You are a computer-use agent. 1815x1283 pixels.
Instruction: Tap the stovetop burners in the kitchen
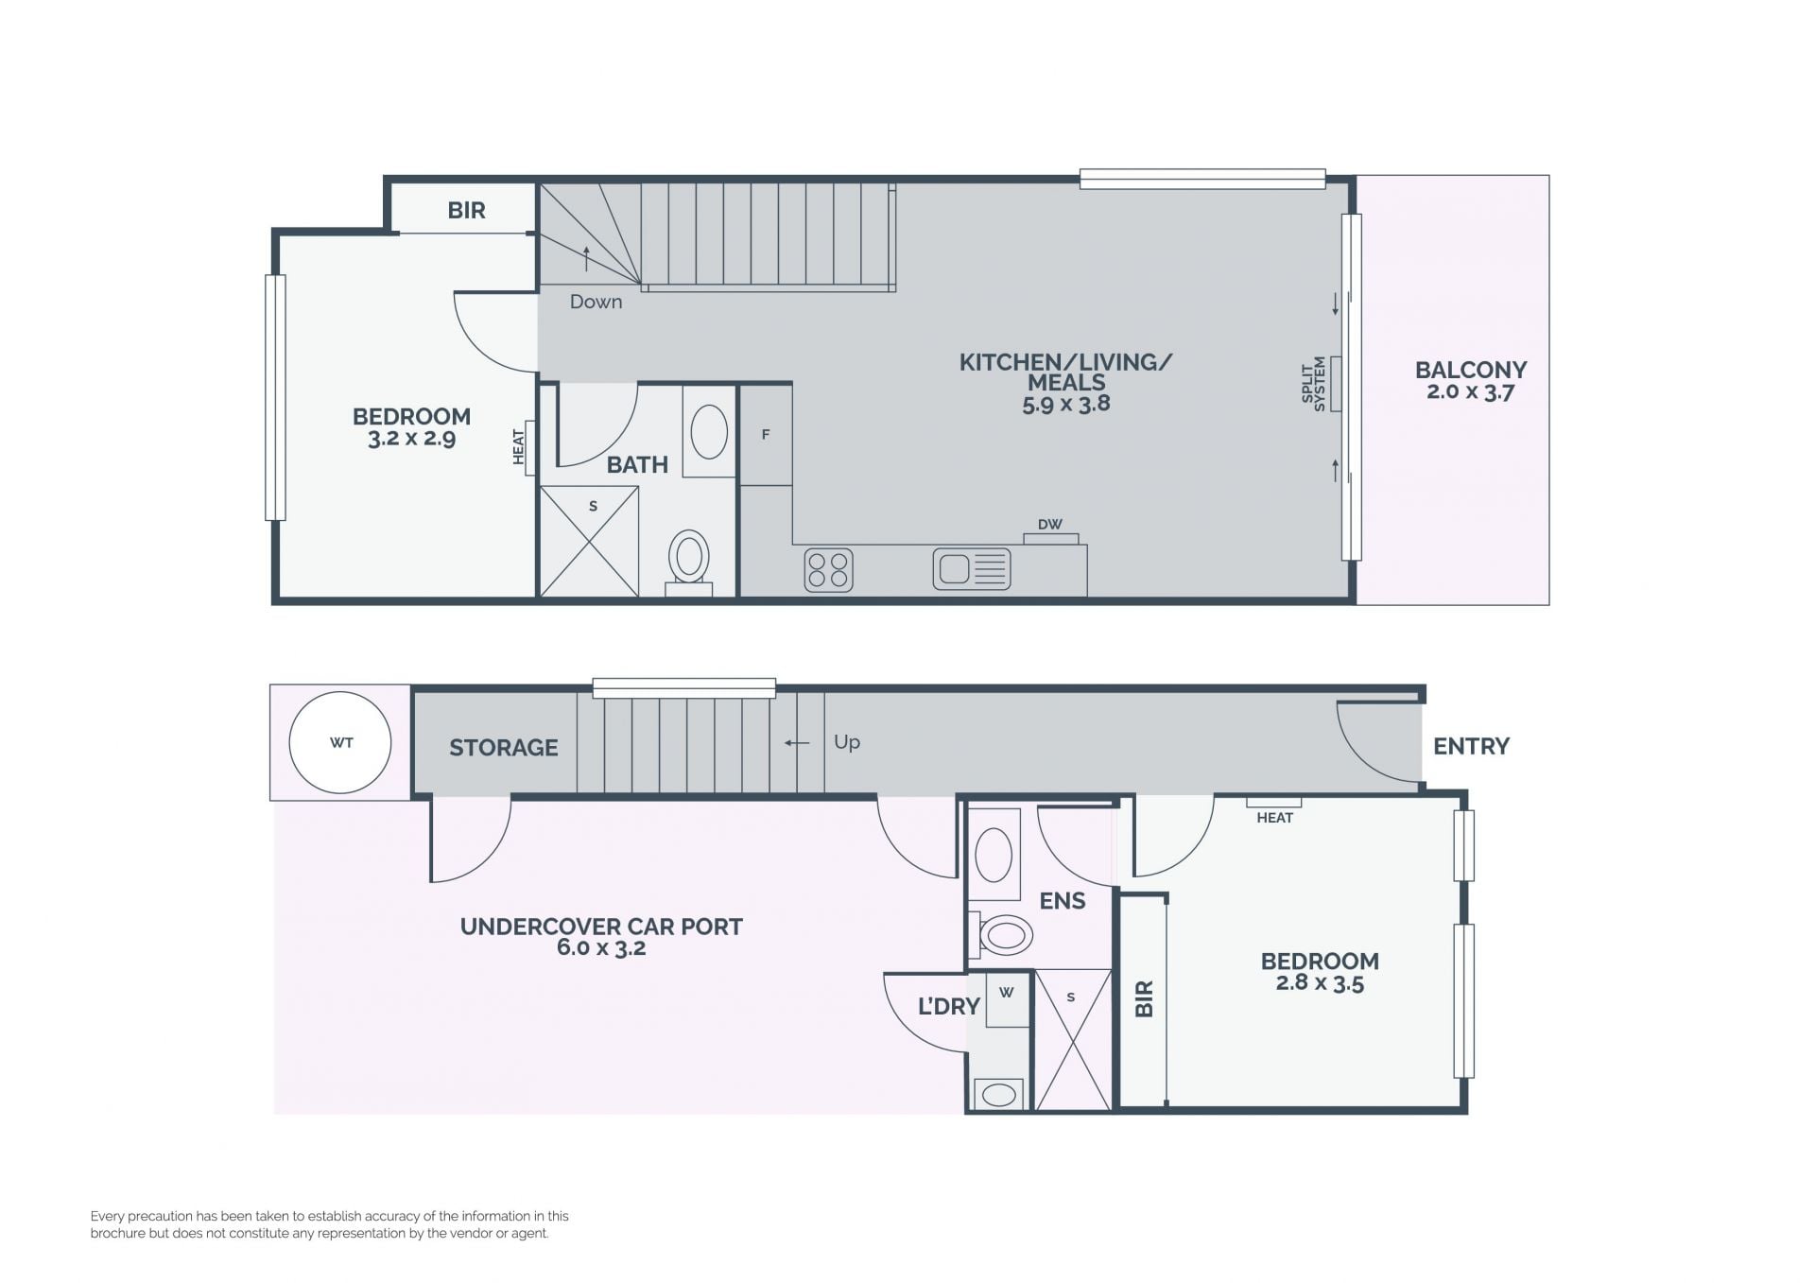829,570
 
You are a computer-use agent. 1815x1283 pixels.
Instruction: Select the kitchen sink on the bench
972,569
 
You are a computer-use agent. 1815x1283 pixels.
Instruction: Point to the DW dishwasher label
1050,524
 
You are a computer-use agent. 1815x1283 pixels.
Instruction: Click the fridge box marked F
766,435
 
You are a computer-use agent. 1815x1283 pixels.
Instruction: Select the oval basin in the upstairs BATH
709,431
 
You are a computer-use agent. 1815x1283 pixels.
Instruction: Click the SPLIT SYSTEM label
1314,382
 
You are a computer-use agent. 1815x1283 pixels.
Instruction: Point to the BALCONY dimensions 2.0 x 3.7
1471,391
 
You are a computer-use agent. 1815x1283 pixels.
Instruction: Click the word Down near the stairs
596,302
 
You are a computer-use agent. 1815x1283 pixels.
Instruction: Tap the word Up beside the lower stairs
847,742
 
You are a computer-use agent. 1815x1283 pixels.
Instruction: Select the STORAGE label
504,748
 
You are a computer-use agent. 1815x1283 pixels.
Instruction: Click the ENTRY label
1472,746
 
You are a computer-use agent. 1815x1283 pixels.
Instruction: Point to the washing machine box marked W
1008,998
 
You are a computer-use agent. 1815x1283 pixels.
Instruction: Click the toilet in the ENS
1001,935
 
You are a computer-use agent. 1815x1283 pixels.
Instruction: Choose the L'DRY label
949,1006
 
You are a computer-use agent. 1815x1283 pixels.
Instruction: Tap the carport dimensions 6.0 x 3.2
601,948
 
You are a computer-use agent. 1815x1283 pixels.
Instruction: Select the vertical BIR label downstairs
1144,998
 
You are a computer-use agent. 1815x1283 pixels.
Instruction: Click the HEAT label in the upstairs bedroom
518,447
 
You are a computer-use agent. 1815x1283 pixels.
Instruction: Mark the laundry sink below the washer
999,1094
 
